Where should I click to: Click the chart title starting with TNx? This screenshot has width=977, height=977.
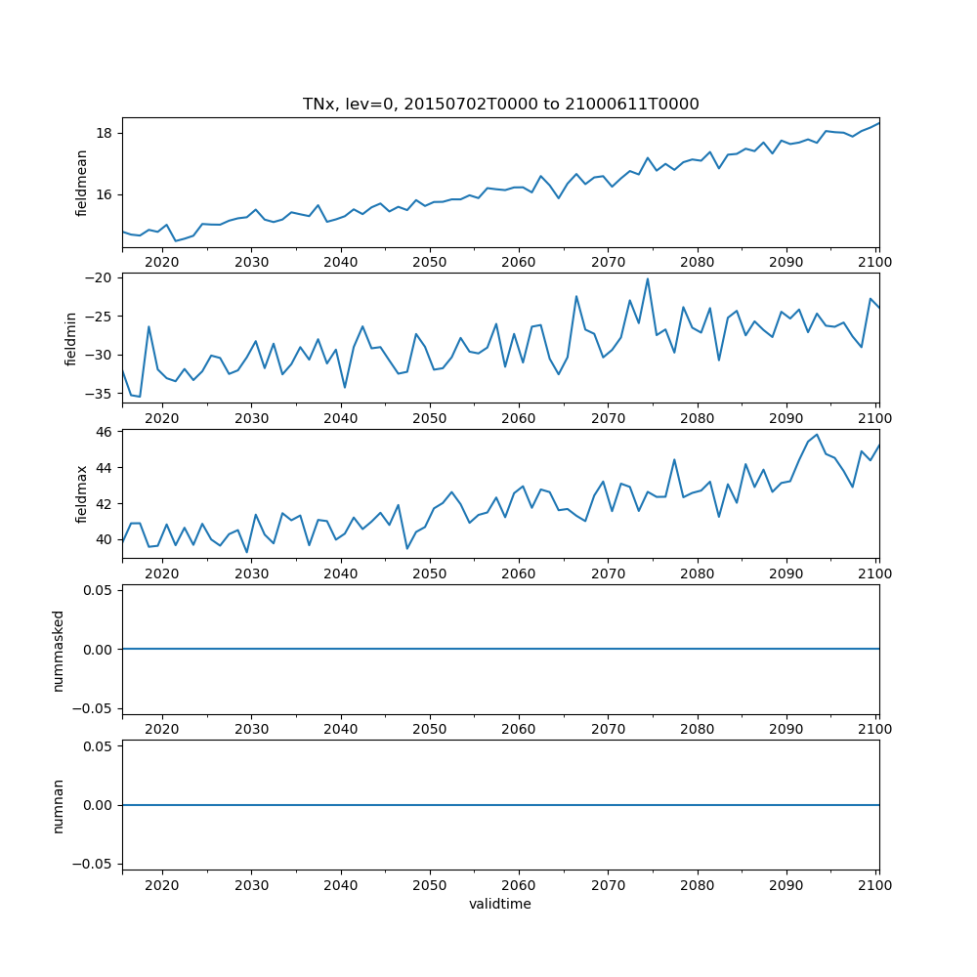point(500,105)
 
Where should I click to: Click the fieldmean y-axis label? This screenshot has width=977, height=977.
point(82,183)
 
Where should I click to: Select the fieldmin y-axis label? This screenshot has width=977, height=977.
point(70,338)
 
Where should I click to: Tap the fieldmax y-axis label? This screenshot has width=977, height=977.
point(82,494)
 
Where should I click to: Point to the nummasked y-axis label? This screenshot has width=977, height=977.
point(58,650)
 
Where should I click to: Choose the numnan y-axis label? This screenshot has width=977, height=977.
point(58,805)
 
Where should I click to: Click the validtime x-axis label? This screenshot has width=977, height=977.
point(500,905)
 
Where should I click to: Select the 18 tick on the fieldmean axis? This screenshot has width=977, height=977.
point(103,133)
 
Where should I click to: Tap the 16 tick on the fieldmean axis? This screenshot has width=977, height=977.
point(103,194)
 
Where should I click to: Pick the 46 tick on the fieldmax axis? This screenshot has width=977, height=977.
point(103,431)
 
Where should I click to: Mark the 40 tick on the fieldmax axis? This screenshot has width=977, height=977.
point(103,539)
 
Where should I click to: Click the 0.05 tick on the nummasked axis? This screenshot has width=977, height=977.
point(97,590)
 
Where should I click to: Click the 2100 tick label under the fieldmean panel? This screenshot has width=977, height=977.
point(875,262)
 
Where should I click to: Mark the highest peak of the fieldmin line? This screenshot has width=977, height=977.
point(647,279)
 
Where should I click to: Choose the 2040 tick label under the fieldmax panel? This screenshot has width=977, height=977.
point(340,573)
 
